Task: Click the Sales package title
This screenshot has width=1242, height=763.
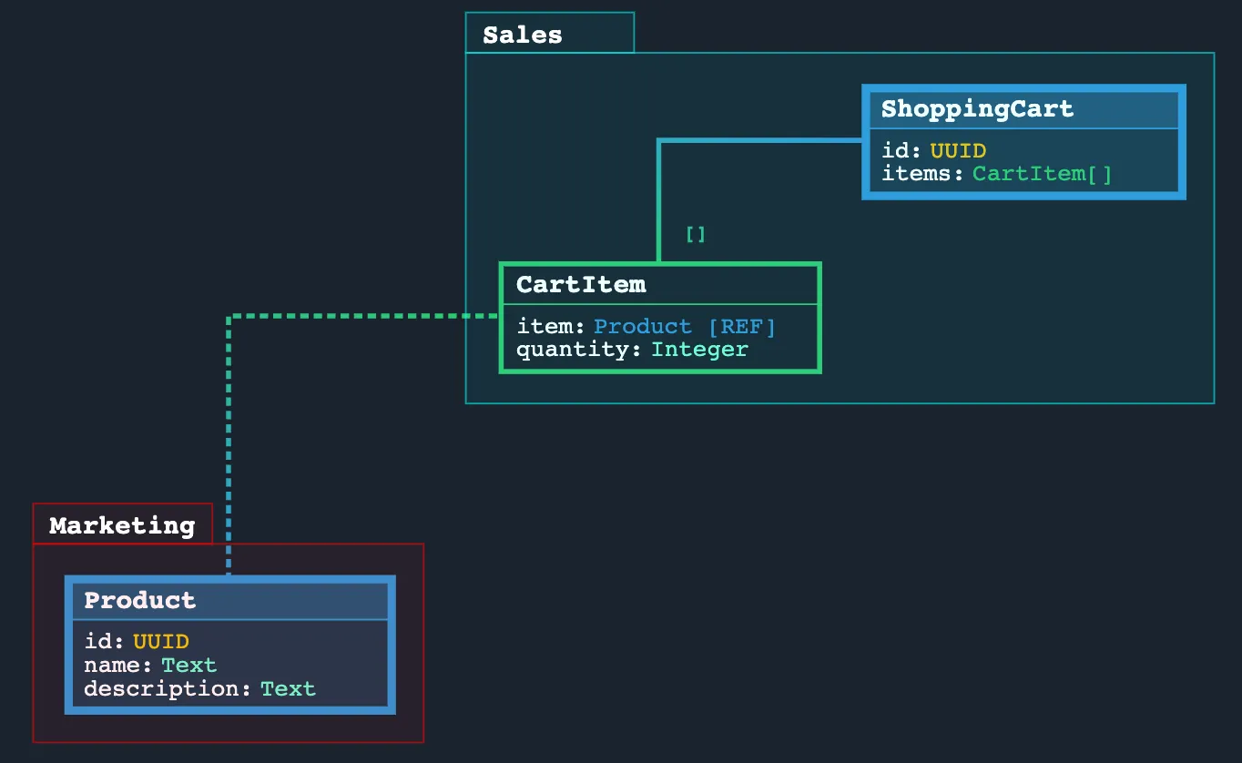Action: point(523,36)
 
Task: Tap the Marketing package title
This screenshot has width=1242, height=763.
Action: point(122,526)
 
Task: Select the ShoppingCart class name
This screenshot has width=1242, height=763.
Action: point(977,109)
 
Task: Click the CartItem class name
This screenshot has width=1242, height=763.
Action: point(581,285)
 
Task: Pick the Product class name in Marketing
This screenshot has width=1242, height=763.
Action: point(139,601)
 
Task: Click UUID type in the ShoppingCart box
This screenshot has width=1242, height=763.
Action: point(958,151)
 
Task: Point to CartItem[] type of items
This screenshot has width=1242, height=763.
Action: point(1043,174)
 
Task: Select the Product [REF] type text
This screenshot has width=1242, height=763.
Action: point(685,327)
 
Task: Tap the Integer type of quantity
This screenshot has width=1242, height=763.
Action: point(699,350)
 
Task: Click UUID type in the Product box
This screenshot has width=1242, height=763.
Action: point(161,642)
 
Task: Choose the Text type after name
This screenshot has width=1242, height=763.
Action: point(189,666)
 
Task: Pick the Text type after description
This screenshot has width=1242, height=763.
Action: point(288,689)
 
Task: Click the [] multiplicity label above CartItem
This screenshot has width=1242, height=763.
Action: point(696,235)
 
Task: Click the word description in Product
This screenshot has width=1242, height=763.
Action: point(164,689)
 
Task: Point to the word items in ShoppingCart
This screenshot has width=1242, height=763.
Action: point(919,174)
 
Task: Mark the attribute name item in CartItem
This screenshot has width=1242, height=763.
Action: point(546,327)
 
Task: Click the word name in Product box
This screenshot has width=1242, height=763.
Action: point(115,666)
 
